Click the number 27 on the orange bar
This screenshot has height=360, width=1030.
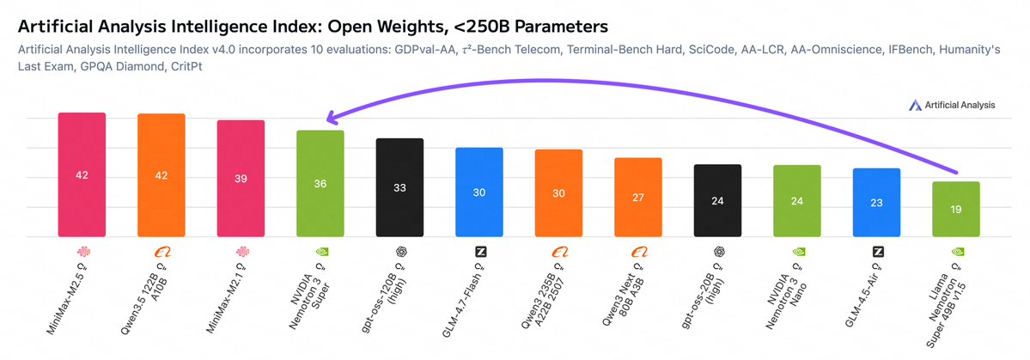(638, 197)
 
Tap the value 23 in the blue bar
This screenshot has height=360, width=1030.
(876, 204)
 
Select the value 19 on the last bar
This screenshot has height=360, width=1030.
(956, 210)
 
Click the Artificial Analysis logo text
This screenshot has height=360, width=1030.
(959, 105)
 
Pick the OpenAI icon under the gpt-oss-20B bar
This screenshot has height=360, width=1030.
(718, 253)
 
